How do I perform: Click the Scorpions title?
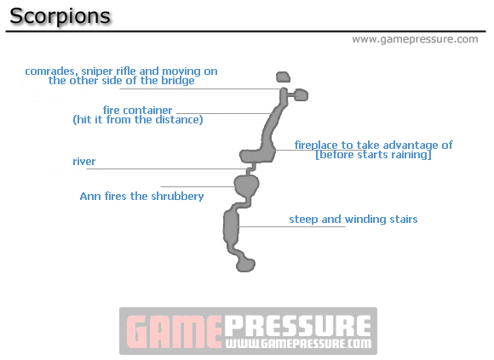click(59, 16)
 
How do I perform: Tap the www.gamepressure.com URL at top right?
click(415, 39)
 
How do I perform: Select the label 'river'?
click(84, 161)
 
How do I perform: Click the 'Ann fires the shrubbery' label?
click(141, 196)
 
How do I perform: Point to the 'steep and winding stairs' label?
click(353, 220)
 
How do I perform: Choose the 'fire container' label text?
click(137, 110)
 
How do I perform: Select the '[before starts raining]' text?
click(373, 155)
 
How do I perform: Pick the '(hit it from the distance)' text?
click(137, 120)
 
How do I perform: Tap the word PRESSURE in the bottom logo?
click(297, 326)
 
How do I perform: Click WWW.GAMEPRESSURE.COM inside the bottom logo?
click(297, 345)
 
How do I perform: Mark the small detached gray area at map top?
click(283, 77)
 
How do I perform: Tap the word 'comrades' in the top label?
click(51, 71)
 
